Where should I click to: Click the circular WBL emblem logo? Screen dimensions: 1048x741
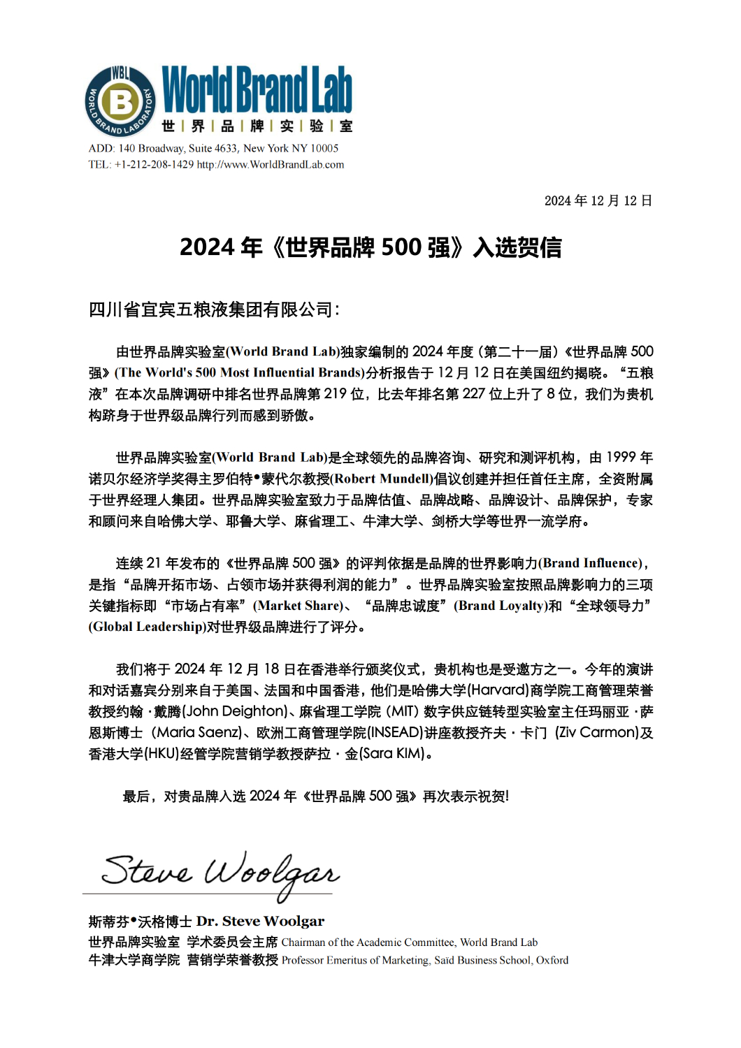click(120, 101)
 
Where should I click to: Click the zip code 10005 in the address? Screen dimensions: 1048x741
click(324, 148)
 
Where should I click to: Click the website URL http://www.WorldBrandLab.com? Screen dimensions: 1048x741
click(271, 165)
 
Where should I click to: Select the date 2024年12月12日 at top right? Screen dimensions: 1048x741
click(598, 201)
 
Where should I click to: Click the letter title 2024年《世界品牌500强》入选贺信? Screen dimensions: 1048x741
click(370, 247)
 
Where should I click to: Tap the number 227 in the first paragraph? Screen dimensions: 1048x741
click(473, 394)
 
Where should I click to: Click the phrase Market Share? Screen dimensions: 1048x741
click(300, 606)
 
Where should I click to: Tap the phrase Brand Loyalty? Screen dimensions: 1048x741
click(501, 606)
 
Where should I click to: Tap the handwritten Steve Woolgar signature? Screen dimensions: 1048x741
click(220, 873)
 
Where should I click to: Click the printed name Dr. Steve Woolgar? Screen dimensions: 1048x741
click(260, 922)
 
